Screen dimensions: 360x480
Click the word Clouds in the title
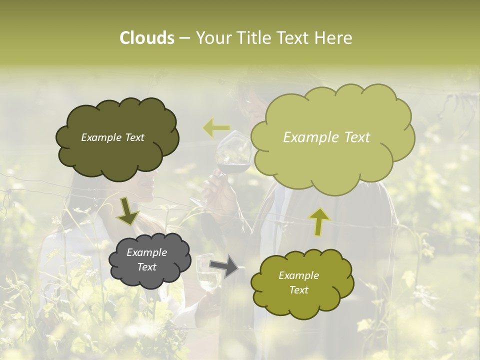click(x=147, y=37)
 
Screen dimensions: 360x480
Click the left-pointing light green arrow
click(x=216, y=128)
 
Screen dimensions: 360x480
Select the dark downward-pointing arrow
click(x=127, y=211)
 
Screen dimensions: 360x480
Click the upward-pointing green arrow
click(x=319, y=221)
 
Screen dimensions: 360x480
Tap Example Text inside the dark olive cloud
click(x=112, y=137)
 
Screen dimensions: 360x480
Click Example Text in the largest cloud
click(x=326, y=137)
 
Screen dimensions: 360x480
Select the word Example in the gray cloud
click(x=146, y=252)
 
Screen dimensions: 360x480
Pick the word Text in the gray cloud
click(x=146, y=267)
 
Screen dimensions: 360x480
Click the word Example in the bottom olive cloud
click(x=298, y=275)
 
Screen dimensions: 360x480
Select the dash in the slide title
click(x=184, y=38)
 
